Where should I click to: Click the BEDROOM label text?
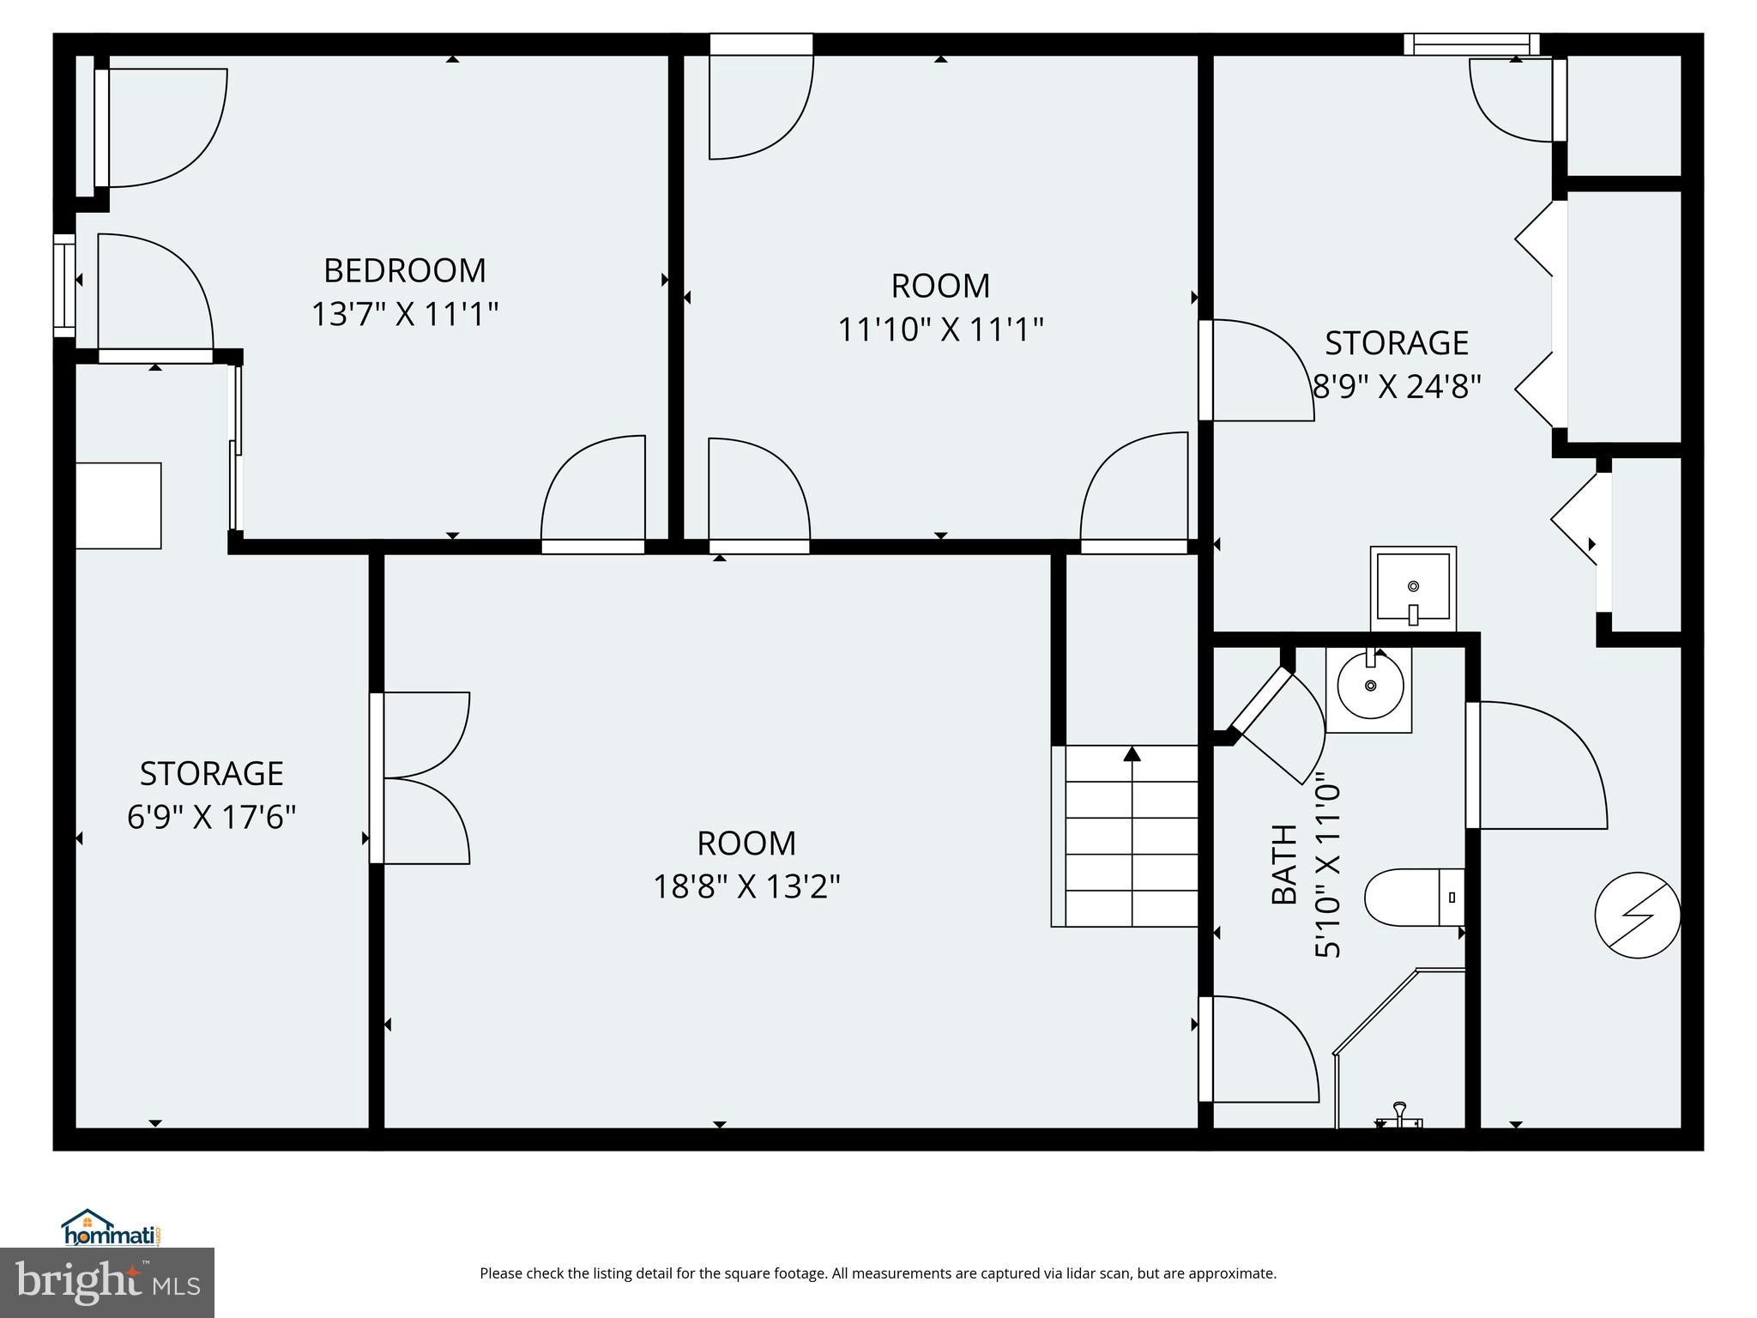tap(404, 271)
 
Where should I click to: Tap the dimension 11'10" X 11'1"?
tap(940, 329)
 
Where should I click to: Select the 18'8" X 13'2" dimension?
tap(746, 886)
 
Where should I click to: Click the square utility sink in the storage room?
tap(1413, 588)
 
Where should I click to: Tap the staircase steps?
tap(1131, 837)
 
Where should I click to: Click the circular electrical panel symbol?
tap(1637, 915)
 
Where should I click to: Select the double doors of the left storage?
tap(420, 777)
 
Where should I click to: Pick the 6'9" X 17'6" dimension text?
tap(212, 818)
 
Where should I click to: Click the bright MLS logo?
tap(107, 1282)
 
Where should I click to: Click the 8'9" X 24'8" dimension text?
tap(1398, 387)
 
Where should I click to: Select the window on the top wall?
tap(1470, 44)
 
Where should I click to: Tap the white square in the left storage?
tap(118, 505)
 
